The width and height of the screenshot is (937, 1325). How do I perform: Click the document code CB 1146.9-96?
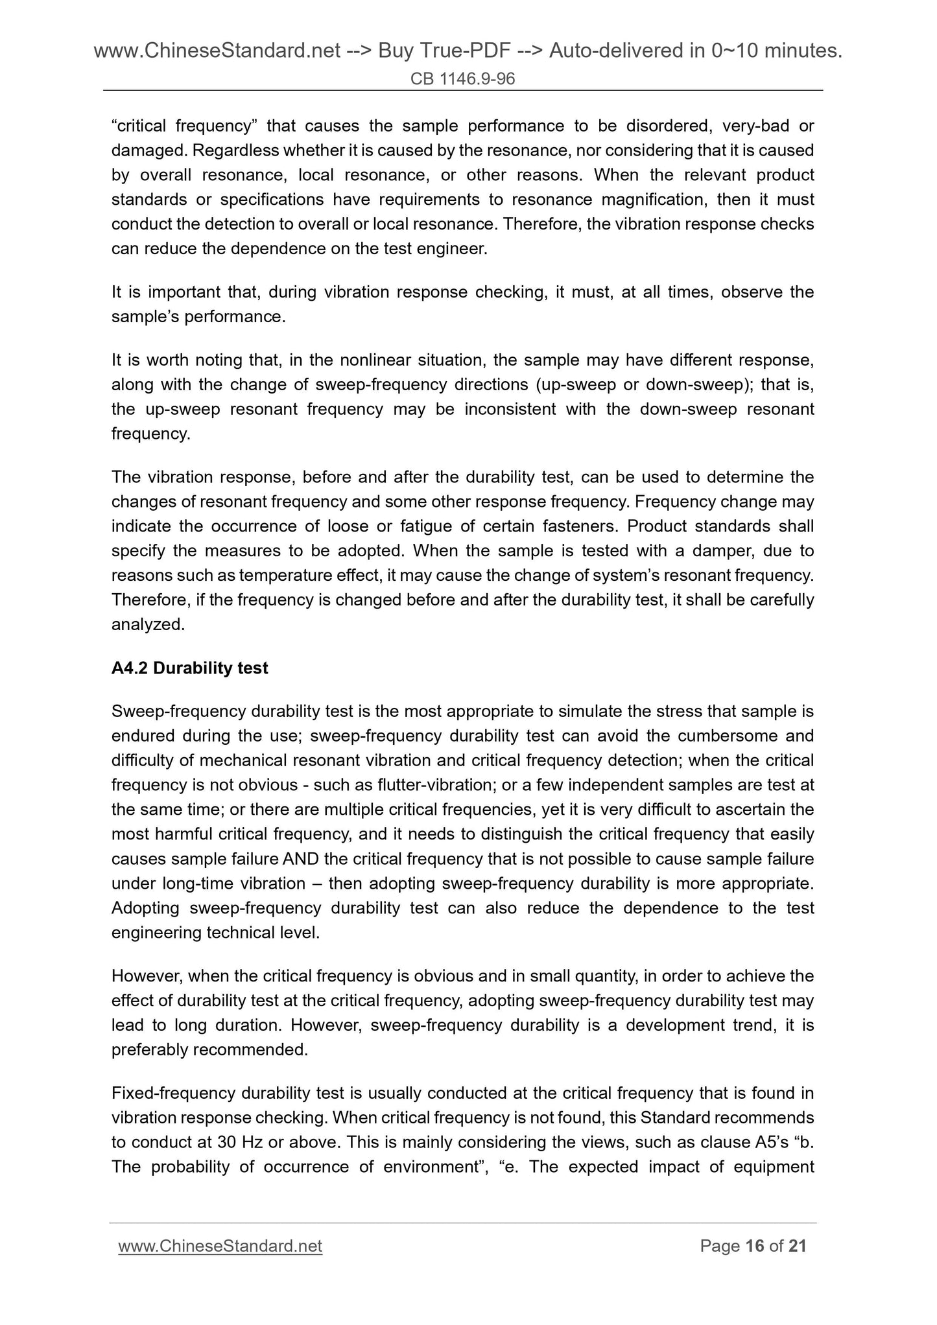tap(462, 79)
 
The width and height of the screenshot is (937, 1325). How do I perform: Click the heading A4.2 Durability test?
tap(189, 668)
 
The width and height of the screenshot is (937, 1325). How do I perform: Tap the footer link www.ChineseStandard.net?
tap(220, 1246)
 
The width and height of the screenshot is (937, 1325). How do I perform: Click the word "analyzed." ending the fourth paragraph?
tap(148, 625)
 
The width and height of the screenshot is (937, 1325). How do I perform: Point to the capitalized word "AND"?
tap(300, 860)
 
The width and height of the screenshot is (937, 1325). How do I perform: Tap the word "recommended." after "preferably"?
tap(250, 1050)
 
